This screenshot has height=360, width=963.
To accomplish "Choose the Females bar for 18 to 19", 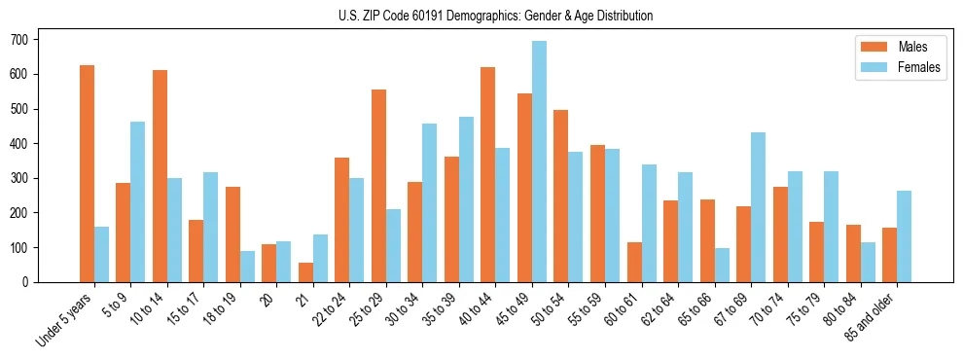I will coord(247,267).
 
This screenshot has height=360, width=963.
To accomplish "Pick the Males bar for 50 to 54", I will coord(561,196).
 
